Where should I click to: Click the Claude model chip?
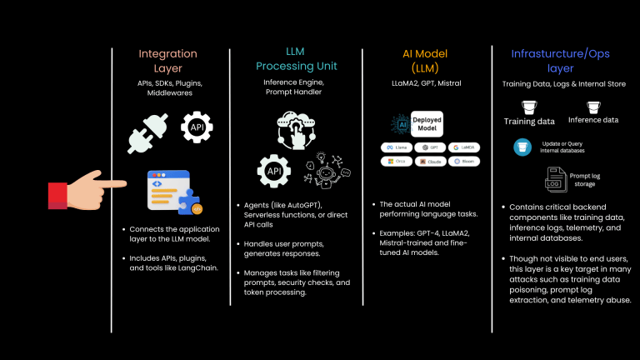(431, 161)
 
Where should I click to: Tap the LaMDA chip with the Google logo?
(464, 147)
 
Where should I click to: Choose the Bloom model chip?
(464, 161)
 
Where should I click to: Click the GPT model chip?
(431, 147)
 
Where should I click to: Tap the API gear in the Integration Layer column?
(197, 127)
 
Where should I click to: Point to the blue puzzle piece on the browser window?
(193, 202)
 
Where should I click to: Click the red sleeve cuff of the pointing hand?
(57, 196)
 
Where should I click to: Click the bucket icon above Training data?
(528, 106)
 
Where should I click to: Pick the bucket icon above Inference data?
(594, 106)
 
